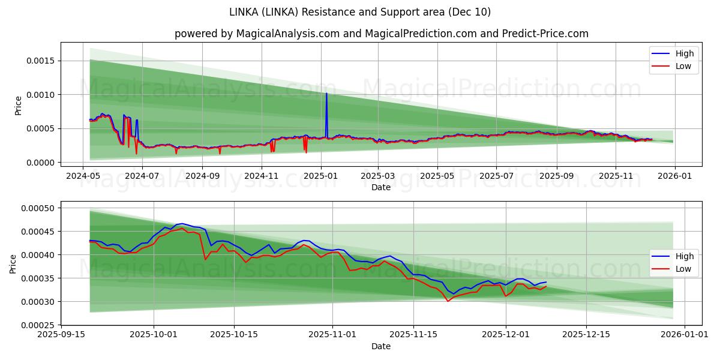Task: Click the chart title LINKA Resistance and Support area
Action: [x=360, y=12]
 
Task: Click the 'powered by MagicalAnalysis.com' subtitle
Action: [x=381, y=34]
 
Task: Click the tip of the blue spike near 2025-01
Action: [x=326, y=93]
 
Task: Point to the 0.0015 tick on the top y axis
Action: [x=40, y=61]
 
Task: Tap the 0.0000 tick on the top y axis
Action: [x=40, y=163]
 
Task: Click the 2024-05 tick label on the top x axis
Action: [x=83, y=176]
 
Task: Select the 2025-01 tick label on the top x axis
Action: [x=320, y=176]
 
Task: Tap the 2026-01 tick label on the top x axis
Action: [x=675, y=176]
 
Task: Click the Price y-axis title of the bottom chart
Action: [x=13, y=264]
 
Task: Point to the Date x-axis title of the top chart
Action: [x=381, y=187]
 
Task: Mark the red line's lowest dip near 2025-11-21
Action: [x=448, y=301]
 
